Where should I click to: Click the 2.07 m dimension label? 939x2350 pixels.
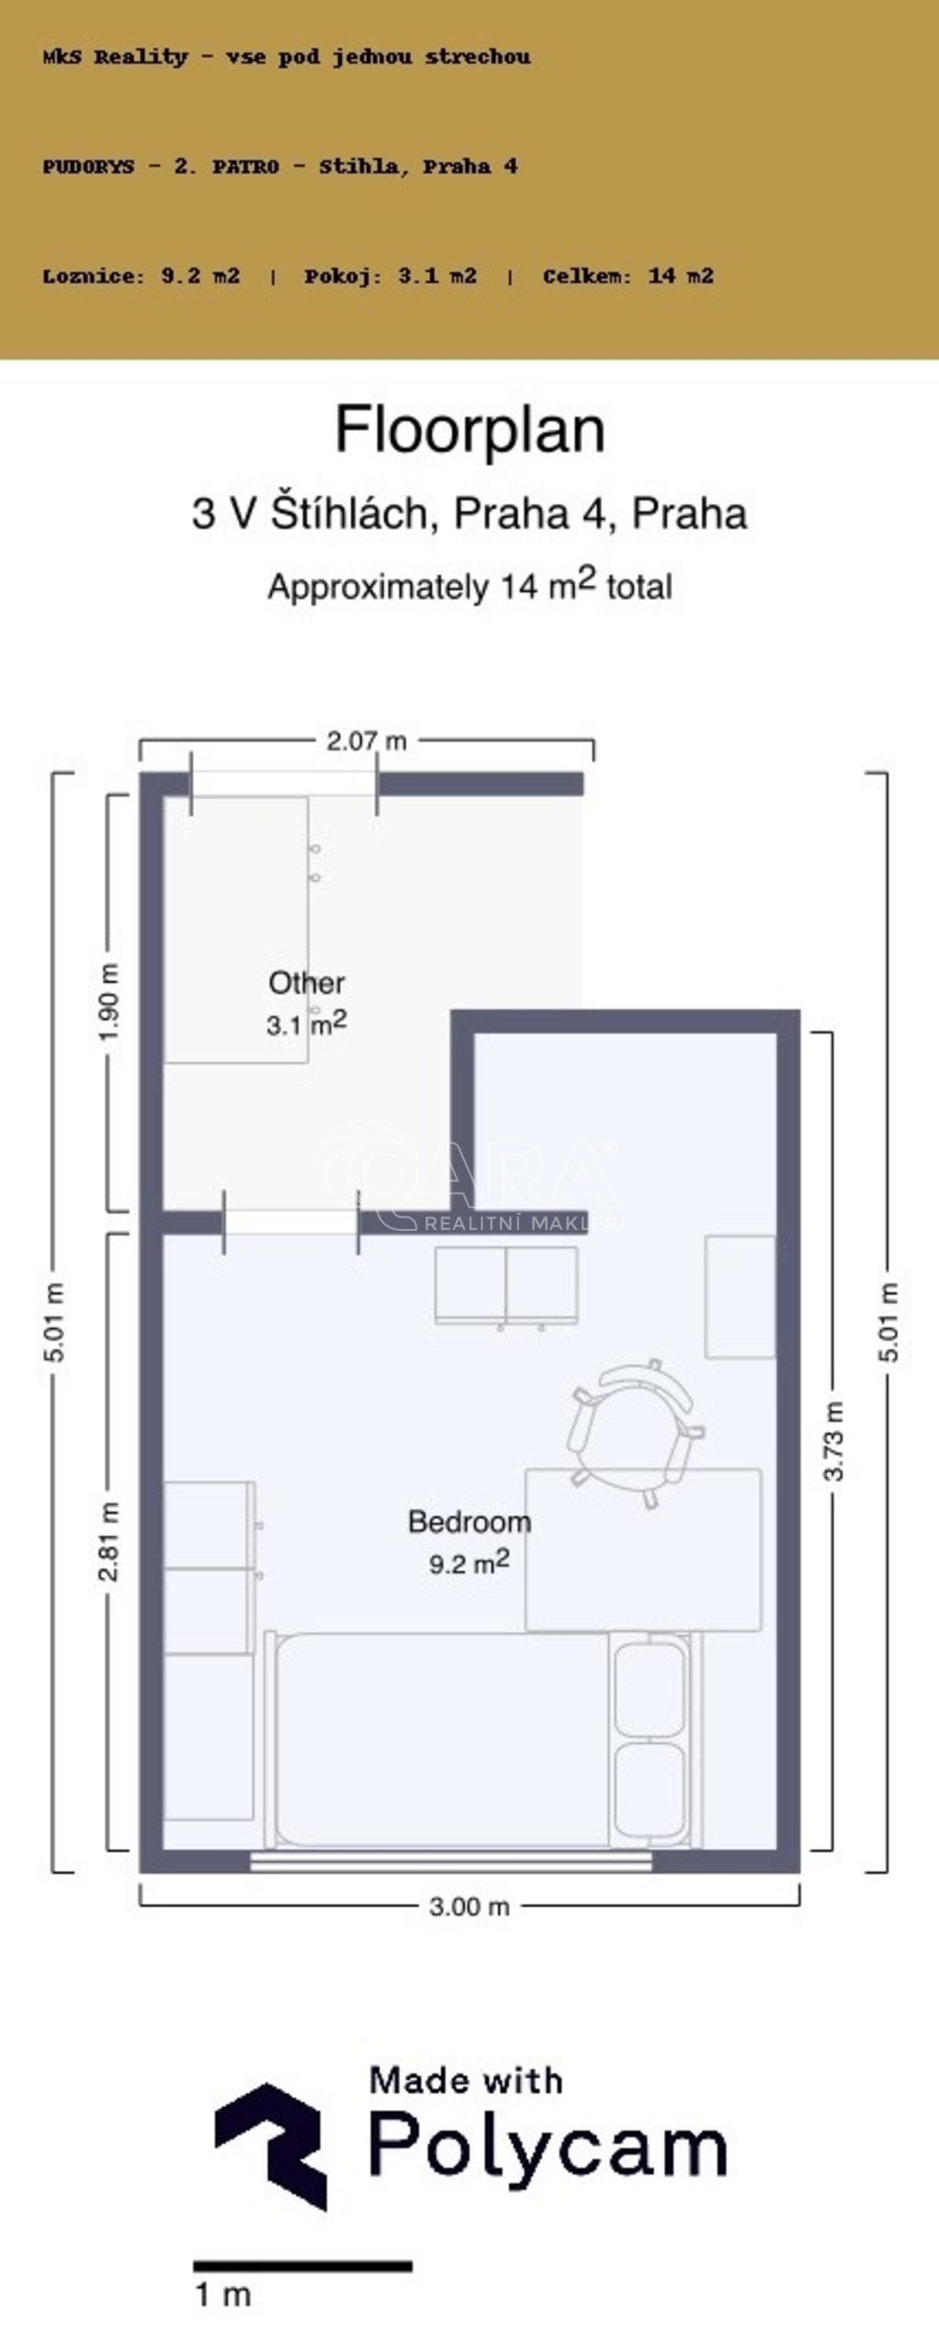click(366, 740)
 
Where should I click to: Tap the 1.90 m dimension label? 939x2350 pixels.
click(109, 1002)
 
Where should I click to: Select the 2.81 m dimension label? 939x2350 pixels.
click(109, 1543)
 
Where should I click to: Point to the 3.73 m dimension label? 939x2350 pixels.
click(834, 1441)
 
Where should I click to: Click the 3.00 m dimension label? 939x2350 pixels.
click(469, 1907)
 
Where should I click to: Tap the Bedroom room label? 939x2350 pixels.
click(469, 1522)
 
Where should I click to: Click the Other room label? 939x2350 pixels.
click(306, 982)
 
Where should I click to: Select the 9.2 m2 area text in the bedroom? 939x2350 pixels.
click(469, 1562)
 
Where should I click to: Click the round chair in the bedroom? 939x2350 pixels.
click(636, 1432)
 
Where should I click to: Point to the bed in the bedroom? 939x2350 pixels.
click(483, 1739)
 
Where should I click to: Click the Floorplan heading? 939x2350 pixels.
click(469, 429)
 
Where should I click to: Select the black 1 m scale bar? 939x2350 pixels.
click(303, 2267)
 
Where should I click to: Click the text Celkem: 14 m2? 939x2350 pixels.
click(628, 275)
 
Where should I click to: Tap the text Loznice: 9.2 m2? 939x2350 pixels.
click(141, 275)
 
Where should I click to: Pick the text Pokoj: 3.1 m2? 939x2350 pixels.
click(391, 275)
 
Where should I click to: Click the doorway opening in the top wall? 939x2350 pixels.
click(283, 783)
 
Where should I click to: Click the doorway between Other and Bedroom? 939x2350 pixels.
click(291, 1222)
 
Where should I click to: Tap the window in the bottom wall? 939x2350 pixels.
click(451, 1861)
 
